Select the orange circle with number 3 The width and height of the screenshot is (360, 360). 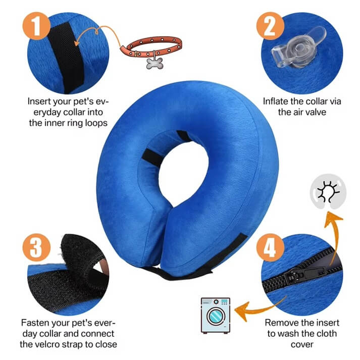coord(35,246)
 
